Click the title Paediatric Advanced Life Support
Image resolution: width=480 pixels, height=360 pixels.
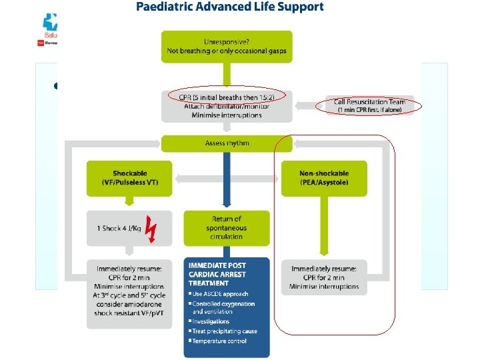(x=230, y=7)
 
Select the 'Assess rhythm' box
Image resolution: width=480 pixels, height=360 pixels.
(x=227, y=143)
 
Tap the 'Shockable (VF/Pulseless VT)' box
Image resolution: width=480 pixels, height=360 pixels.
(x=129, y=178)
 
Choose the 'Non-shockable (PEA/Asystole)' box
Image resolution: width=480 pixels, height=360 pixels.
(x=324, y=178)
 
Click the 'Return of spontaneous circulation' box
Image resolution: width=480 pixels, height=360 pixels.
(x=227, y=227)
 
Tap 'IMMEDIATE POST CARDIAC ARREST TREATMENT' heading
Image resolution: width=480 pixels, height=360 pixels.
(x=217, y=273)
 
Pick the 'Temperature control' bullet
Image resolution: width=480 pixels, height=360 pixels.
(x=219, y=341)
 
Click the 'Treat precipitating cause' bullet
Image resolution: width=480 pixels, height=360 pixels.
(x=225, y=331)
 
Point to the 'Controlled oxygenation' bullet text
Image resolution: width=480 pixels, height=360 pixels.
(x=223, y=303)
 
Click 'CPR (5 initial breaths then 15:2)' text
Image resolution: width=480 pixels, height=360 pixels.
(x=227, y=95)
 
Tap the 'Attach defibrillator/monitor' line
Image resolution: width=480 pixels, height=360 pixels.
(x=227, y=105)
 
